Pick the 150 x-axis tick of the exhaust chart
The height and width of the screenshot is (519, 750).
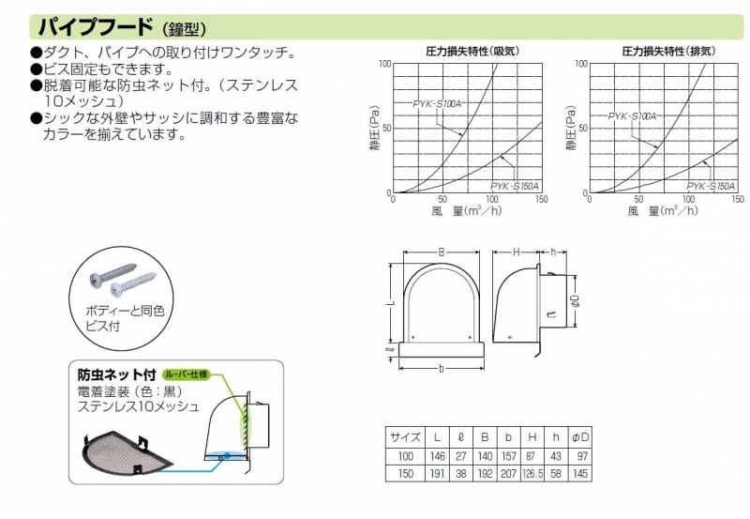736,200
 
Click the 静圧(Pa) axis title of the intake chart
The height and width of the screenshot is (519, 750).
374,128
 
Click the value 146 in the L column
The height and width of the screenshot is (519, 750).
437,455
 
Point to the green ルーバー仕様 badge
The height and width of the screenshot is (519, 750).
187,374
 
